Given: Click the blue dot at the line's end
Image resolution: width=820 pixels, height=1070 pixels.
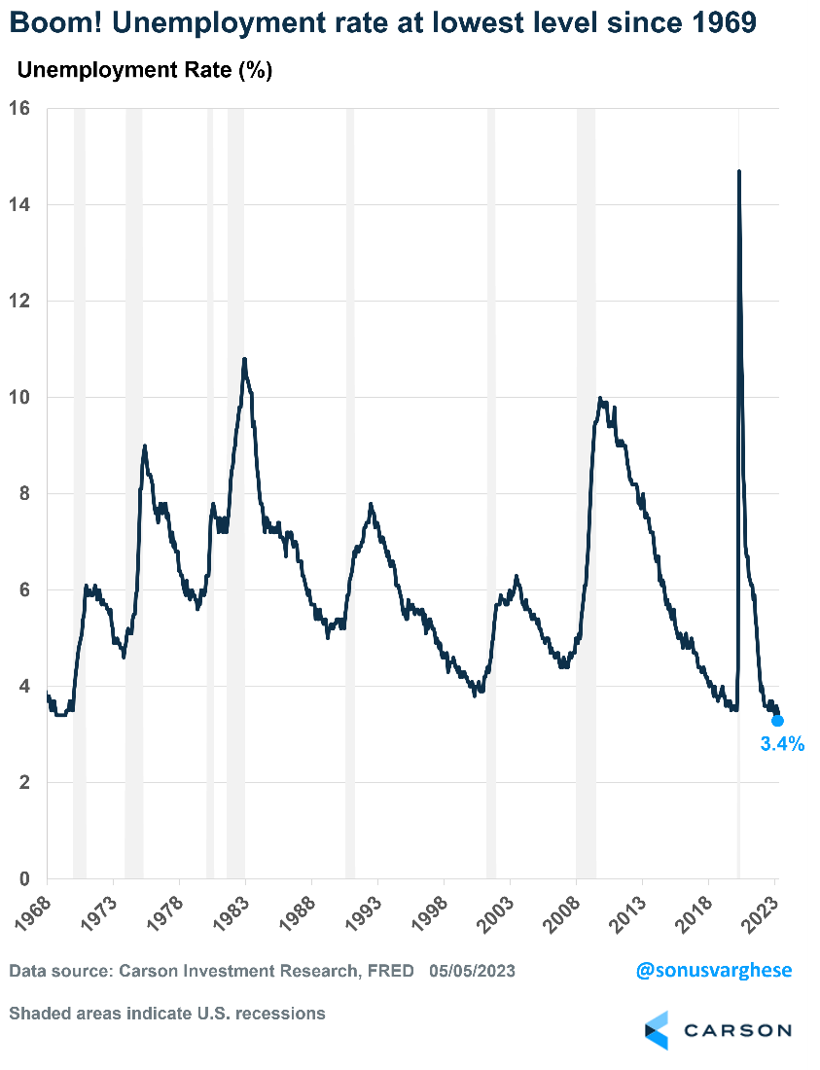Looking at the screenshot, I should point(777,721).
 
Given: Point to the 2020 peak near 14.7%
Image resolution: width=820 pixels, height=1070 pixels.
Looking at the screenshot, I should point(739,172).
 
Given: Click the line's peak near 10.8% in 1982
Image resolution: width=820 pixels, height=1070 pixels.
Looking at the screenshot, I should point(244,360).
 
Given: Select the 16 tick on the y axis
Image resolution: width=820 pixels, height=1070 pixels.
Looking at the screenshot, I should point(21,108).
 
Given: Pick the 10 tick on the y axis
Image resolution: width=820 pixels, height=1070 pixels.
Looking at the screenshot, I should point(21,397).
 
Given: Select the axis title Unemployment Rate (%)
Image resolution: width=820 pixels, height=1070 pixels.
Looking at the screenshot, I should point(145,70).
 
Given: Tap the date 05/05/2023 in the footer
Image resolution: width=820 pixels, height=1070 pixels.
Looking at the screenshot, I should point(473,971).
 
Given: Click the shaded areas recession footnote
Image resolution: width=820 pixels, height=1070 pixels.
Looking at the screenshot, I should point(167,1014).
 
